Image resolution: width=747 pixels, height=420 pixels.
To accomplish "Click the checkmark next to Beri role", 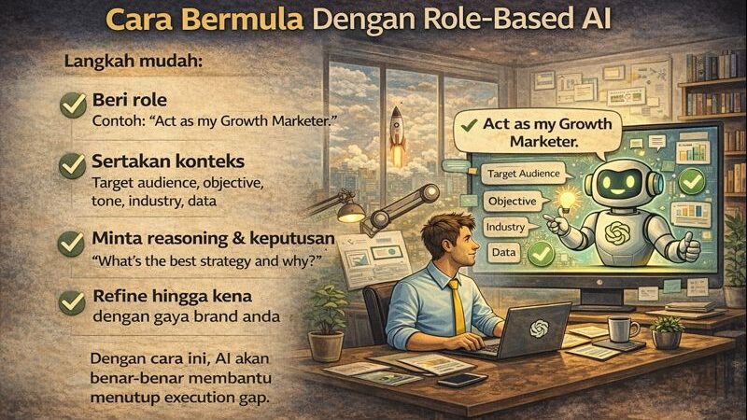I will pyautogui.click(x=73, y=105).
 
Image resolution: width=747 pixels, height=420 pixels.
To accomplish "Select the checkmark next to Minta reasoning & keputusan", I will pyautogui.click(x=73, y=242).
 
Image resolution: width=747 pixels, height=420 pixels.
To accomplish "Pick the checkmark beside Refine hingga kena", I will pyautogui.click(x=73, y=301).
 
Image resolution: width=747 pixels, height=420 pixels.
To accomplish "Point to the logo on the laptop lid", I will pyautogui.click(x=539, y=328).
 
